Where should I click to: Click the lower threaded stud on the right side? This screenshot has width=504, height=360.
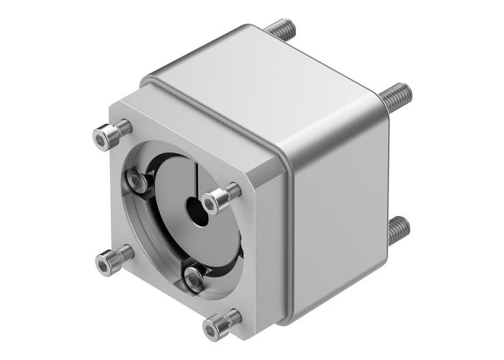(x=397, y=230)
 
